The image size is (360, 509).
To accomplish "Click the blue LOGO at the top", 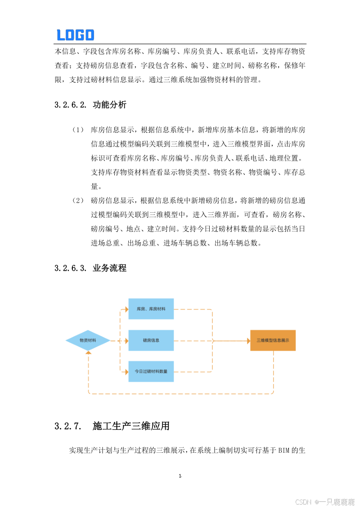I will coord(75,35).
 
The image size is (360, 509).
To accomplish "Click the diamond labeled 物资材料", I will coord(88,340).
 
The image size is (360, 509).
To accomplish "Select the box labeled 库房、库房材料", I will coord(151,309).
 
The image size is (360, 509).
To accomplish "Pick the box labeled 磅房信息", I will coord(151,340).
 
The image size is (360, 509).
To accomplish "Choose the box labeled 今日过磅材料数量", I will coord(151,371).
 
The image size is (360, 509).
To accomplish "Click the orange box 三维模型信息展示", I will coord(273,340).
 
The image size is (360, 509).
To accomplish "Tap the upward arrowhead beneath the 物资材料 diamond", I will coord(89,354).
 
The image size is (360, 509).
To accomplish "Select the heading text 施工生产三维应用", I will coord(131,426).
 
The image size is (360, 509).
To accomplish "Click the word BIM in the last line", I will coord(282,450).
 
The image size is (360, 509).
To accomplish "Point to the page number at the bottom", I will coord(180,476).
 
